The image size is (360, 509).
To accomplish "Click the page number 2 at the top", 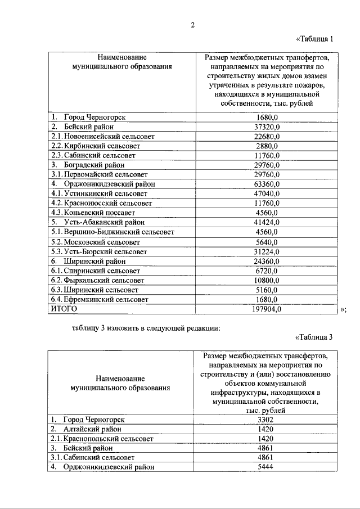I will coord(191,24).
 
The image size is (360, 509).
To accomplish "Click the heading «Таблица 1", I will coord(315,39).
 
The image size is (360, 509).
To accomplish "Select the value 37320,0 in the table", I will coord(267,127).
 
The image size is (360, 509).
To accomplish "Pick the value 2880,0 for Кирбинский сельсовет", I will coord(267,146).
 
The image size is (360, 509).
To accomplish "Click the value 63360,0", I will coord(267,184).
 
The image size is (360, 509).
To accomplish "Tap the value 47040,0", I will coord(267,193).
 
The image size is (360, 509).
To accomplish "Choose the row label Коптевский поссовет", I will coord(94,213).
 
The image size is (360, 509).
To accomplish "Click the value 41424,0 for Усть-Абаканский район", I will coord(267,222).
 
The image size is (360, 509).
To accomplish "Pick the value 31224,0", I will coord(267,251).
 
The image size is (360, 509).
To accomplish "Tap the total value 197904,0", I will coord(267,309).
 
